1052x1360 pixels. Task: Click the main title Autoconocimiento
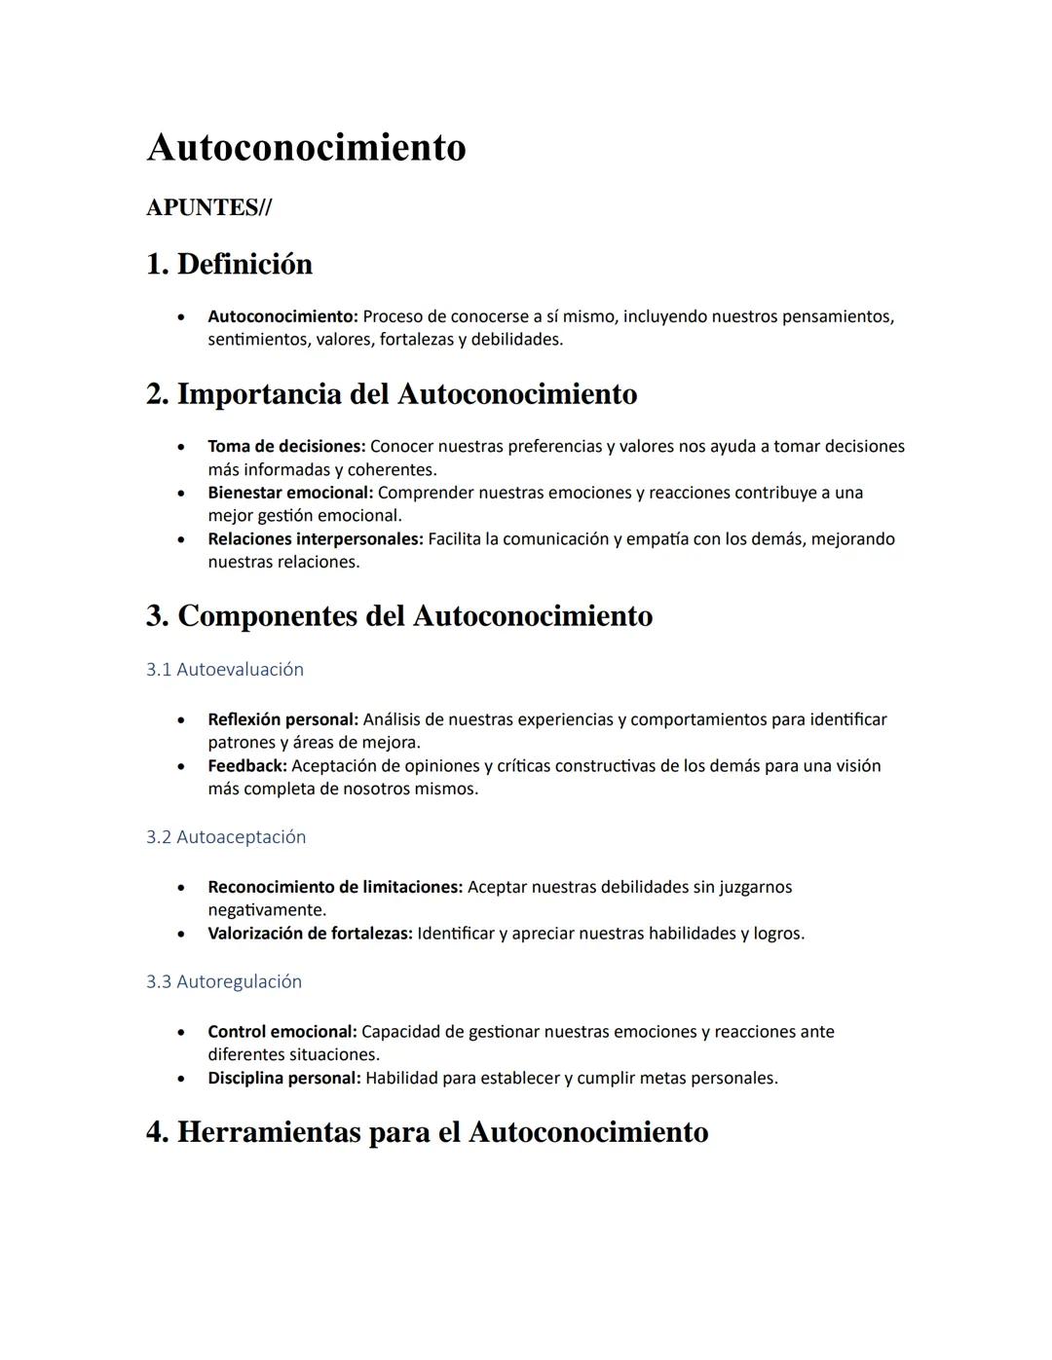pyautogui.click(x=306, y=148)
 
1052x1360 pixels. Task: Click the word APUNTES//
pyautogui.click(x=208, y=207)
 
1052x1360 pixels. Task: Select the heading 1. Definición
pyautogui.click(x=229, y=264)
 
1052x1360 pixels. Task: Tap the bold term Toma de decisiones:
pyautogui.click(x=286, y=447)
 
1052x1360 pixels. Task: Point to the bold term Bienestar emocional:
pyautogui.click(x=290, y=493)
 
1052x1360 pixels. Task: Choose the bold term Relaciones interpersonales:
pyautogui.click(x=315, y=539)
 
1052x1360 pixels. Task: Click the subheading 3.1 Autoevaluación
pyautogui.click(x=225, y=670)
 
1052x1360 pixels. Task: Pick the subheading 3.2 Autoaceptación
pyautogui.click(x=226, y=837)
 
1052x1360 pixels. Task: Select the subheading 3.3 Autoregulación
pyautogui.click(x=224, y=981)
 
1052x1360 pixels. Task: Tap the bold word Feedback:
pyautogui.click(x=247, y=766)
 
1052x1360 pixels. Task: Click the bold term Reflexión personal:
pyautogui.click(x=282, y=720)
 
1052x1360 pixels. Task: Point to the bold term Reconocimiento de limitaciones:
pyautogui.click(x=335, y=888)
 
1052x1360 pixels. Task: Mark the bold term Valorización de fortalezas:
pyautogui.click(x=310, y=934)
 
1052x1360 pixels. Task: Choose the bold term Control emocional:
pyautogui.click(x=282, y=1032)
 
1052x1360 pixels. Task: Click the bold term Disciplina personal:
pyautogui.click(x=283, y=1079)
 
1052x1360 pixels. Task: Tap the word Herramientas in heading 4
pyautogui.click(x=268, y=1132)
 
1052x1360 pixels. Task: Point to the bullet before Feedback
pyautogui.click(x=181, y=766)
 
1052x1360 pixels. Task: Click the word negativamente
pyautogui.click(x=267, y=910)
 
